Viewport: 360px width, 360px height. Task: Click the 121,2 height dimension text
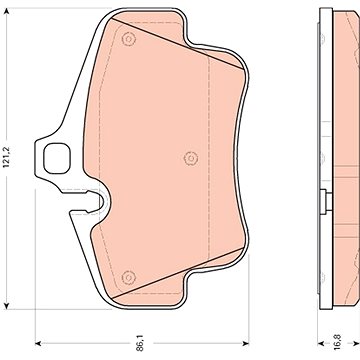coord(6,156)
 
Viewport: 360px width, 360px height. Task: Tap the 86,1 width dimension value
coord(140,344)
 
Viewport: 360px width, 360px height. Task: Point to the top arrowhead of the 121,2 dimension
coord(6,11)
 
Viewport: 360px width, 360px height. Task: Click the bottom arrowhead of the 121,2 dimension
coord(6,306)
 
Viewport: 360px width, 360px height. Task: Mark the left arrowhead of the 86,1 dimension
coord(38,343)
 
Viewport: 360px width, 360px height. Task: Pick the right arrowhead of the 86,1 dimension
coord(246,343)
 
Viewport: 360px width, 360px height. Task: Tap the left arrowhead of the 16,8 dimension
coord(321,343)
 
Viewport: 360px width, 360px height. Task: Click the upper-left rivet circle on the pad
coord(128,39)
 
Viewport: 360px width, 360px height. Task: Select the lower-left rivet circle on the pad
coord(128,277)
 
